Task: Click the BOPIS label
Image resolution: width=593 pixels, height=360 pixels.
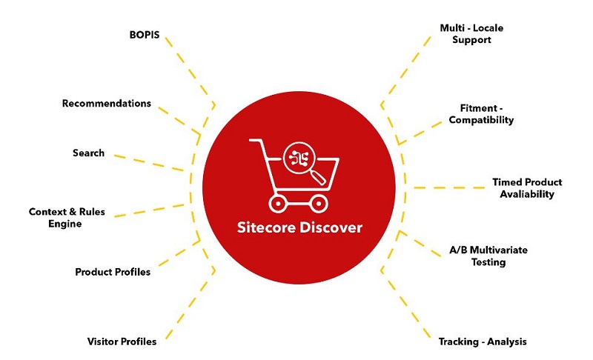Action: click(x=145, y=35)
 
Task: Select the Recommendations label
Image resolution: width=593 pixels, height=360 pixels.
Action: click(x=107, y=104)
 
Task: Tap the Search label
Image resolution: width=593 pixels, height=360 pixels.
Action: click(x=88, y=153)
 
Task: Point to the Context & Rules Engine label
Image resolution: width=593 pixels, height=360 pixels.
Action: click(x=67, y=218)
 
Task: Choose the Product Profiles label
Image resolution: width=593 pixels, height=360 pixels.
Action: click(x=113, y=272)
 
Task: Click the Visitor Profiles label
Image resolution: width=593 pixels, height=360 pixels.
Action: click(x=122, y=341)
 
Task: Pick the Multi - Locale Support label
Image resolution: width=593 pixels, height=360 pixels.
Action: click(x=471, y=34)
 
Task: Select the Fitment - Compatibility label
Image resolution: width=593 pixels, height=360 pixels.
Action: click(x=481, y=114)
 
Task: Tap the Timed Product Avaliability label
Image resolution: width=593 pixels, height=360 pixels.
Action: click(x=527, y=188)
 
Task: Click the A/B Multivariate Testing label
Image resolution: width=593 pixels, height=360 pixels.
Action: click(x=488, y=256)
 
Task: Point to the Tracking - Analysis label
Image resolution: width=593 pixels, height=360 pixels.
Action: click(x=483, y=342)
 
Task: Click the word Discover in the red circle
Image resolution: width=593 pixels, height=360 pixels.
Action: click(x=331, y=227)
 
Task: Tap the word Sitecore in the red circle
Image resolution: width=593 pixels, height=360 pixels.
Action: click(x=267, y=227)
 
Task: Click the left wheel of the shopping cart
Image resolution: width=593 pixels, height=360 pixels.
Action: click(x=278, y=204)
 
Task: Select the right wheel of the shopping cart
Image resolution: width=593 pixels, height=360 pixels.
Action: click(x=319, y=204)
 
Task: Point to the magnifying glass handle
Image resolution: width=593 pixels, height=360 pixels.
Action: click(x=319, y=177)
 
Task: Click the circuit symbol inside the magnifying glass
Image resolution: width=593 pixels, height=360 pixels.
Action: click(x=299, y=159)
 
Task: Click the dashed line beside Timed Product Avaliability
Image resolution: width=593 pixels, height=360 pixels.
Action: click(x=449, y=187)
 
